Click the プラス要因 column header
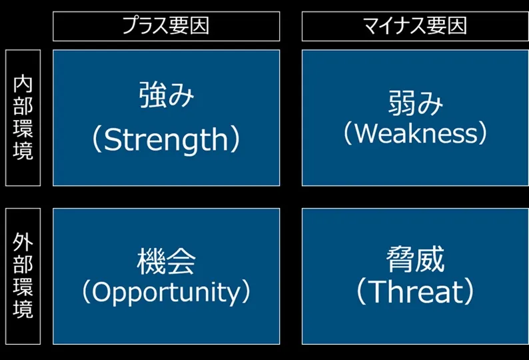coord(166,26)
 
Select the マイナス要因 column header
coord(414,26)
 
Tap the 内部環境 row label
coord(23,117)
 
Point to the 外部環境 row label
coord(23,276)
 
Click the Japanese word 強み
coord(166,95)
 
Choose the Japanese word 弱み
coord(415,104)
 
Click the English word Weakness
coord(415,133)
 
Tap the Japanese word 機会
coord(166,261)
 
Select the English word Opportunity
coord(166,292)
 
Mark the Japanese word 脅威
coord(415,259)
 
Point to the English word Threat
coord(415,292)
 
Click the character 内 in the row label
coord(23,85)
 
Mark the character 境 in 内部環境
coord(23,150)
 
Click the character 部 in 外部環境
coord(23,265)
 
